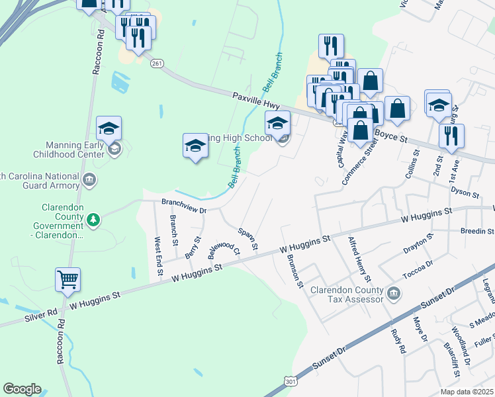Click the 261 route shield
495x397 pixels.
(x=156, y=63)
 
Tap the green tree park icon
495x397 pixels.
(x=94, y=219)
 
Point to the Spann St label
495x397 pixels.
(x=247, y=239)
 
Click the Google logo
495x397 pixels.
(x=22, y=389)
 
